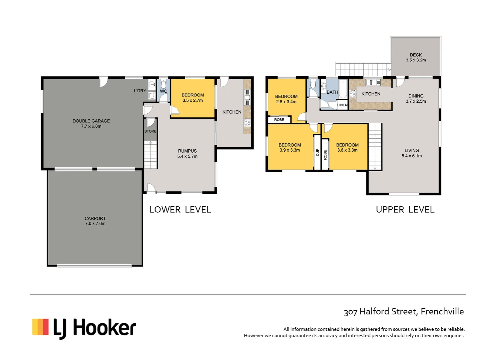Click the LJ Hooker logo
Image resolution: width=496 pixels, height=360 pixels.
click(84, 328)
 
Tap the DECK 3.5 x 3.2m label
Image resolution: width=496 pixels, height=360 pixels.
click(416, 58)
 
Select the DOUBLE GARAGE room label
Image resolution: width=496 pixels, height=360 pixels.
click(91, 124)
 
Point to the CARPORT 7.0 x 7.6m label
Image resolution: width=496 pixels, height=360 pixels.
click(95, 221)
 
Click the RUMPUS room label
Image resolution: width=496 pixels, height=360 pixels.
click(187, 154)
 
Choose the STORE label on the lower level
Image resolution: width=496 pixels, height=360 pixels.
click(150, 131)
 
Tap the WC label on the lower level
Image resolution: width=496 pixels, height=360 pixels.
click(164, 91)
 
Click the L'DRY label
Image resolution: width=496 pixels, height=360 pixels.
click(140, 91)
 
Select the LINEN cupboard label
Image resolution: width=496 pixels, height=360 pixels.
click(342, 105)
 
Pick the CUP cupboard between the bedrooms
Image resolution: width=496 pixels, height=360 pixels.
click(317, 152)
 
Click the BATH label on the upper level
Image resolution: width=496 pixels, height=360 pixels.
click(332, 92)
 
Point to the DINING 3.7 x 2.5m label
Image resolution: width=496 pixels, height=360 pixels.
click(416, 99)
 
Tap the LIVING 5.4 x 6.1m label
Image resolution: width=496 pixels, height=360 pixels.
click(412, 153)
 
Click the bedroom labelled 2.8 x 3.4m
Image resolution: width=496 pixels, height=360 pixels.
click(286, 99)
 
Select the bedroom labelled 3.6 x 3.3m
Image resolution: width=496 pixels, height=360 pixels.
click(347, 148)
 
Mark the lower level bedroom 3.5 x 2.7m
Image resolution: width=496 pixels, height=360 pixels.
click(193, 98)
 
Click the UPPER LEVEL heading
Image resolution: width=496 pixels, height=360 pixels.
click(405, 210)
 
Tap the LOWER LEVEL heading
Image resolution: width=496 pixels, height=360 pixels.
click(180, 210)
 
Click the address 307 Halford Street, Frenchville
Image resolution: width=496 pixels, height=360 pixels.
click(404, 312)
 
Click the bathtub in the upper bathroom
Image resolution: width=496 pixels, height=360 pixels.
click(343, 89)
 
